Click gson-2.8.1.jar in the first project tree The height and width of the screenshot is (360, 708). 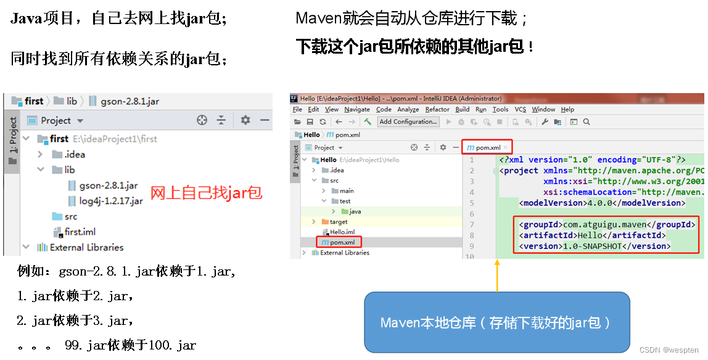(x=108, y=185)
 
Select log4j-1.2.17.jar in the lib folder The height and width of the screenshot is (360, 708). (x=110, y=201)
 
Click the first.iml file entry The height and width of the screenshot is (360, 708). (x=80, y=232)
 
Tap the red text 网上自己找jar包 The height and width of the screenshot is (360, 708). (x=207, y=193)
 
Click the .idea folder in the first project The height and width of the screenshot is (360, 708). (x=74, y=154)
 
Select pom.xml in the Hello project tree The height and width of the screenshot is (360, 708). (x=342, y=242)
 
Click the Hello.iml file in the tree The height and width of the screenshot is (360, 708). (x=342, y=232)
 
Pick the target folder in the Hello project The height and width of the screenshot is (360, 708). (x=339, y=221)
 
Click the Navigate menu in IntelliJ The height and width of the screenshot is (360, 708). (x=357, y=109)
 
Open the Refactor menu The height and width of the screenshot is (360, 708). (x=437, y=109)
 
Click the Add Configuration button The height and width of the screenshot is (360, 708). (x=408, y=121)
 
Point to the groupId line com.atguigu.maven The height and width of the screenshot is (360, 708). (x=607, y=224)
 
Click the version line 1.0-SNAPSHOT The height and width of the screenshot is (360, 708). (x=595, y=246)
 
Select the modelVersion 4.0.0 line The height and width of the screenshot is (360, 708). (x=601, y=203)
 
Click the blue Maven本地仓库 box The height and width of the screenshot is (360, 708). (x=496, y=322)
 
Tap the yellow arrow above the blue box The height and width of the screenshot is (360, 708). (x=496, y=274)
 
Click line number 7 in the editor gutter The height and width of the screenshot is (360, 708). (x=472, y=224)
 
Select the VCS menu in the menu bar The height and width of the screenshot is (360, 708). (x=521, y=109)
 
